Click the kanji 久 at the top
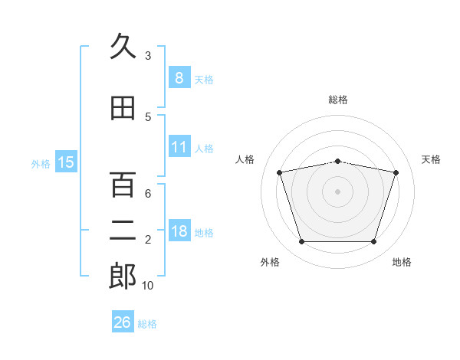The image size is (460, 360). tap(123, 47)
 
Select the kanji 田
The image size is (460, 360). tap(123, 109)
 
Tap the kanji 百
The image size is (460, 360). tap(123, 185)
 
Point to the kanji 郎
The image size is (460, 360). tap(123, 277)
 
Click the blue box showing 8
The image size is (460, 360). tap(179, 78)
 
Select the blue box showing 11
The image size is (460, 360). tap(179, 147)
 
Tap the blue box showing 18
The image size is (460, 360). tap(179, 231)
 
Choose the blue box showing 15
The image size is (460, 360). tap(66, 162)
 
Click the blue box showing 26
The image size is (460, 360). tap(123, 322)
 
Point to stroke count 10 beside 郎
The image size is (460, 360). tap(148, 286)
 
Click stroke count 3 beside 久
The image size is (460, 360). tap(148, 55)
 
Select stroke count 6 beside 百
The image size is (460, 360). tap(148, 193)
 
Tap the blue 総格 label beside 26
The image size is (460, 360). tap(147, 324)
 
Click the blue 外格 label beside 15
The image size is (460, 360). tap(40, 163)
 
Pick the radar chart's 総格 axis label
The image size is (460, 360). tap(337, 100)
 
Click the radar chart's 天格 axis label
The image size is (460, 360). tap(432, 159)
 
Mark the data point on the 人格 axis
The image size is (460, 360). tap(280, 172)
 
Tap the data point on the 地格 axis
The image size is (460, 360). tap(373, 242)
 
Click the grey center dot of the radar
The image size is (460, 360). tap(337, 191)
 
